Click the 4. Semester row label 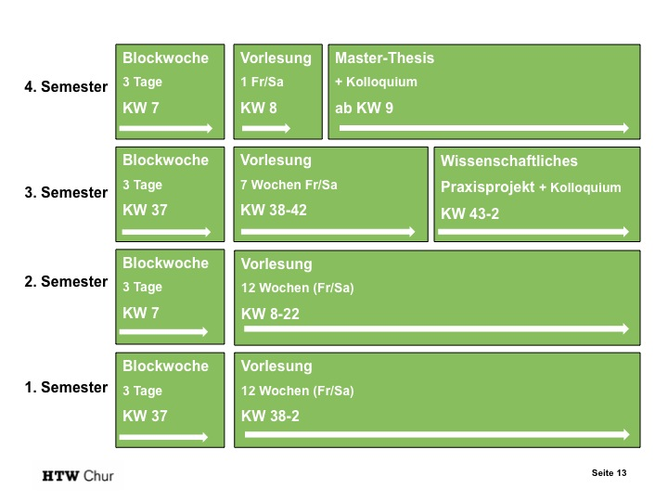[66, 87]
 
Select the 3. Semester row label [66, 193]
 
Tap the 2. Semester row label [66, 281]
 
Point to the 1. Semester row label [66, 387]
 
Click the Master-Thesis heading [384, 58]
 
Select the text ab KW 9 [364, 108]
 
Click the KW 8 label [259, 108]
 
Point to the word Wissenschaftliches [509, 161]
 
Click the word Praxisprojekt [487, 186]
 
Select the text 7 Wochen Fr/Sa [289, 185]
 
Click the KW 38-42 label [274, 210]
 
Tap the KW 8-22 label [270, 314]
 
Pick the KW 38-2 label [270, 416]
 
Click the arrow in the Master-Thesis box [483, 128]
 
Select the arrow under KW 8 [266, 128]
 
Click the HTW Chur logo [78, 477]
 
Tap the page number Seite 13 [610, 473]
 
